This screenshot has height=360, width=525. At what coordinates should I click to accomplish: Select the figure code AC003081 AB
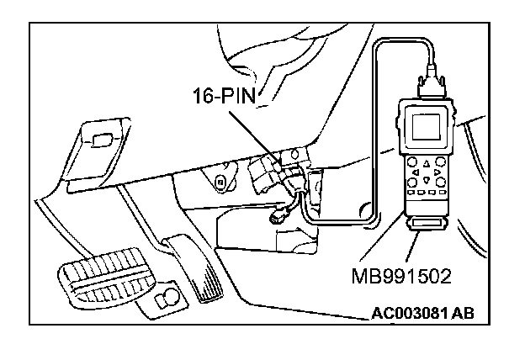(x=422, y=314)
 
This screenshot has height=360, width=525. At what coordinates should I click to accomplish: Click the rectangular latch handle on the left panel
(x=104, y=140)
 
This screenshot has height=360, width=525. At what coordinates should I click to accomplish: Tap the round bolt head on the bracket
(x=219, y=180)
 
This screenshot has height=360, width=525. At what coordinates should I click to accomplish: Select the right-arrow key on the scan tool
(x=439, y=172)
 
